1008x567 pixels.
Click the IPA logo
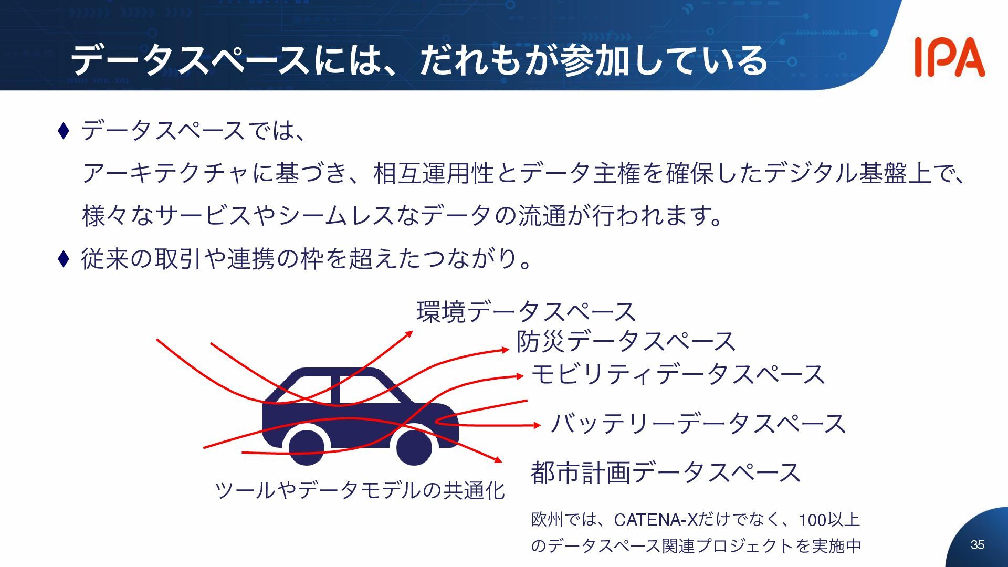pyautogui.click(x=949, y=57)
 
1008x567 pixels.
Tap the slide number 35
pyautogui.click(x=978, y=545)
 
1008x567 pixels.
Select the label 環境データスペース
pyautogui.click(x=526, y=312)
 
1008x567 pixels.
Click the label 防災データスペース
pyautogui.click(x=625, y=342)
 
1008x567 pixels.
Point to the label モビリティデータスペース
pyautogui.click(x=678, y=375)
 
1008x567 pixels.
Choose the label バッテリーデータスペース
pyautogui.click(x=698, y=424)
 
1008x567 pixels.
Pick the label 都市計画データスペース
pyautogui.click(x=665, y=472)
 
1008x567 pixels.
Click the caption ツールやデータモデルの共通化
pyautogui.click(x=360, y=490)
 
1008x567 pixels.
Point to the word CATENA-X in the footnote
pyautogui.click(x=655, y=520)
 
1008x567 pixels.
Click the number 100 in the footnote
pyautogui.click(x=812, y=520)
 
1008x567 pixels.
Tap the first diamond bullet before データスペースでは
pyautogui.click(x=63, y=131)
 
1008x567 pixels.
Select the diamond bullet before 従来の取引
pyautogui.click(x=63, y=258)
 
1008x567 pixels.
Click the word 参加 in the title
pyautogui.click(x=594, y=60)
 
